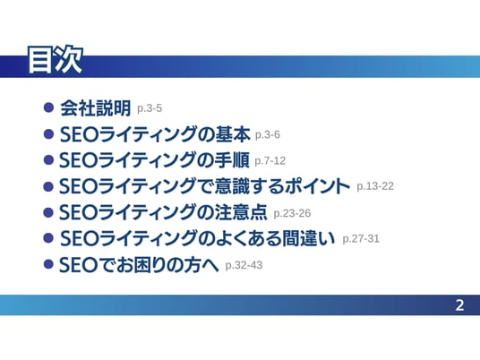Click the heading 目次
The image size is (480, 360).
56,60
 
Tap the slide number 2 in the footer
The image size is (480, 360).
459,305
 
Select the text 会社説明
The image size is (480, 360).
95,108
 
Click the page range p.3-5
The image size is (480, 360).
150,108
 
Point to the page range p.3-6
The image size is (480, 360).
267,135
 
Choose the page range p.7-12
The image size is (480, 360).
270,161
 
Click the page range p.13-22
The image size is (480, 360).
375,186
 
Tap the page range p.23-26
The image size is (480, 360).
292,213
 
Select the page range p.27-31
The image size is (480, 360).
361,239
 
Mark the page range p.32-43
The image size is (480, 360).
244,265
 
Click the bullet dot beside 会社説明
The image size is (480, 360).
48,107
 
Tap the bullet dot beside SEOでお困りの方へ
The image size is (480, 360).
48,264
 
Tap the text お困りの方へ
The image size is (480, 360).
167,265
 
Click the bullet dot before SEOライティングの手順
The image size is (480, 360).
48,159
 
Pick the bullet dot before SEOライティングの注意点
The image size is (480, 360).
48,212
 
